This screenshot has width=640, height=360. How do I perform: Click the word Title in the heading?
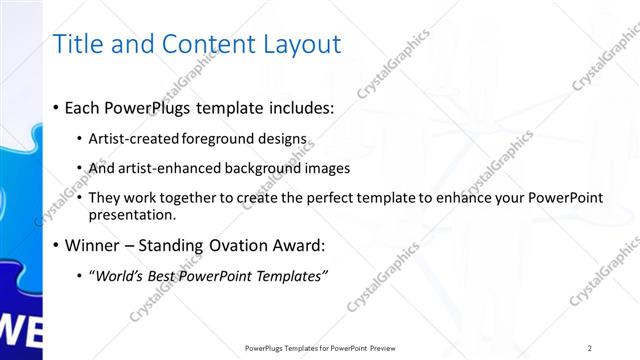(x=76, y=44)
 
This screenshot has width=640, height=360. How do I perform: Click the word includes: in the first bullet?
(x=300, y=108)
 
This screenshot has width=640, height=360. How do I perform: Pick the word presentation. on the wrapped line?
(x=132, y=214)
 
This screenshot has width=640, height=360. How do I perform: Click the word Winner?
(x=95, y=245)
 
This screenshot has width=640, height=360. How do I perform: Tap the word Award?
(x=300, y=245)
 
